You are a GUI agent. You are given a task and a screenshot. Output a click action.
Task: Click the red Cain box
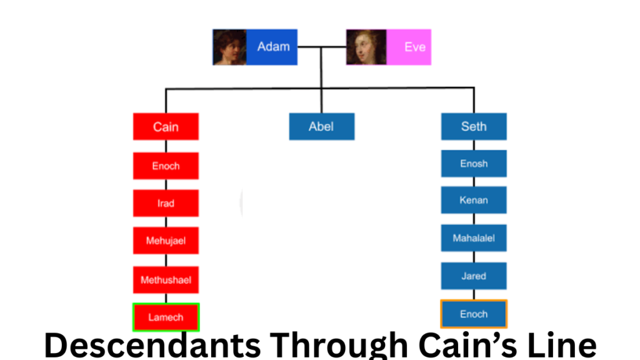(x=166, y=126)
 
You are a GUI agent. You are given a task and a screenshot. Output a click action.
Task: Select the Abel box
(x=322, y=126)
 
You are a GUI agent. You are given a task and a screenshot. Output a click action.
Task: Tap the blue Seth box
(x=474, y=126)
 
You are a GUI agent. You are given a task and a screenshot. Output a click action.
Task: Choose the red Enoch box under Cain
(x=166, y=166)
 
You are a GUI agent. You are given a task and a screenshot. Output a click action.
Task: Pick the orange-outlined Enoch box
(x=474, y=314)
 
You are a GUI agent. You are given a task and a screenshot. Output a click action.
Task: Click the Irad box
(x=166, y=203)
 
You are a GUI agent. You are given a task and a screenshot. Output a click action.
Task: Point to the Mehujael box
(x=166, y=241)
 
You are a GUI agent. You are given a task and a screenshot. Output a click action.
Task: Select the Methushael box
(x=166, y=280)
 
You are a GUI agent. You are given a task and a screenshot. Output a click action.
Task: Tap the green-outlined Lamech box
(x=166, y=317)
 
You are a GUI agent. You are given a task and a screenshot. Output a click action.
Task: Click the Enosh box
(x=474, y=164)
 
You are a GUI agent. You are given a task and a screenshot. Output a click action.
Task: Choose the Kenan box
(x=474, y=200)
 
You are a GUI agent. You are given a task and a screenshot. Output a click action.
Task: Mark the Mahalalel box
(x=474, y=238)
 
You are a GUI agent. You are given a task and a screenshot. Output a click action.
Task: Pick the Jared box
(x=474, y=276)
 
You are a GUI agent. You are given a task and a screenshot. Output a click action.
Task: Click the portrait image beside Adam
(x=229, y=47)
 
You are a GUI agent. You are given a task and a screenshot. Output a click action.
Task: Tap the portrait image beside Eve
(x=366, y=47)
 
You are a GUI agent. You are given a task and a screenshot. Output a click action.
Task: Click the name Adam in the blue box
(x=274, y=46)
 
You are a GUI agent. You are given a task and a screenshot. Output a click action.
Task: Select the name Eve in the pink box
(x=415, y=47)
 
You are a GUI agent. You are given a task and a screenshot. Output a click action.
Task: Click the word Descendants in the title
(x=152, y=345)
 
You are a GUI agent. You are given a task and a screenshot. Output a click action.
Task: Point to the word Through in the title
(x=339, y=346)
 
